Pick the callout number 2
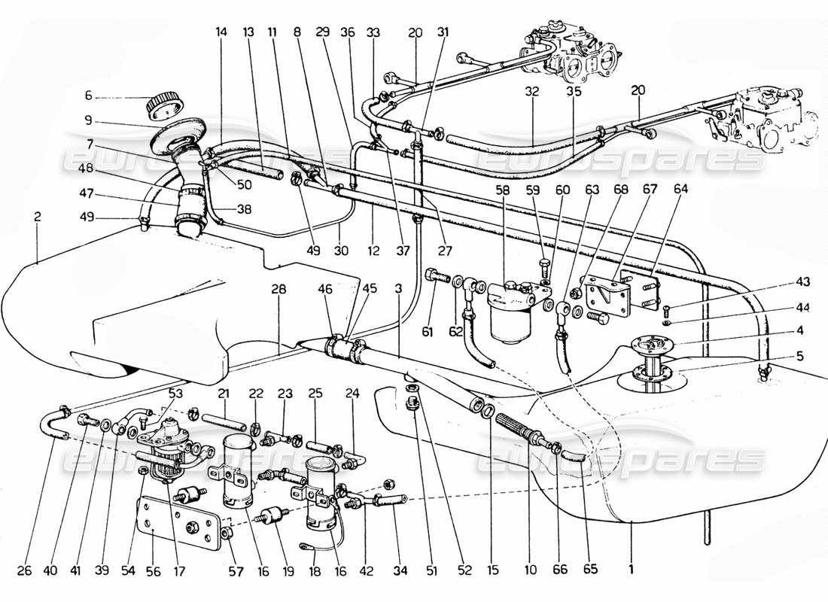point(37,217)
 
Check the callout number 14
point(221,33)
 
